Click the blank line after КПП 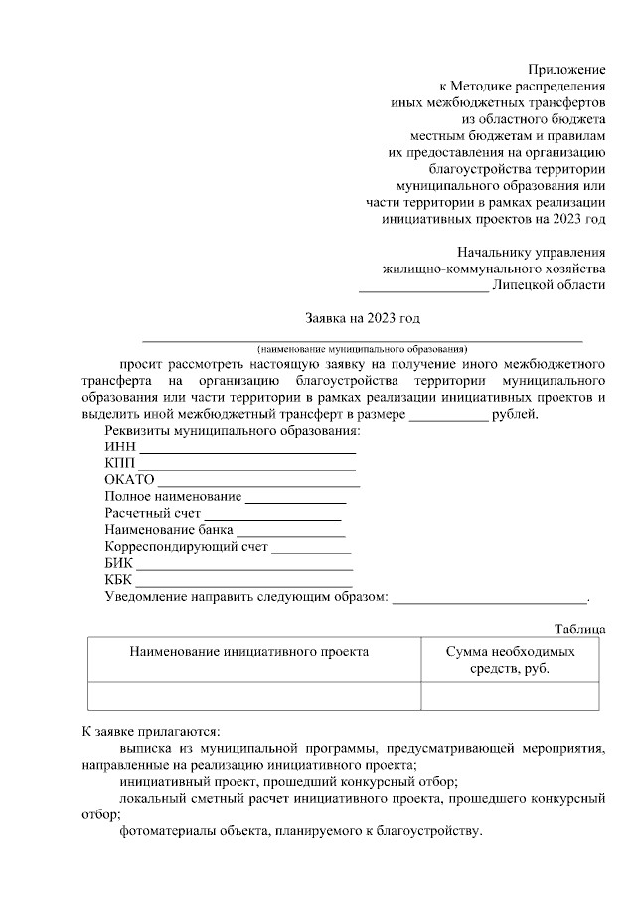coord(246,466)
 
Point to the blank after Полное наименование coord(295,499)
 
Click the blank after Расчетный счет coord(272,516)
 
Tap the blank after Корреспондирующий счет coord(311,549)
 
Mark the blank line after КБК coord(244,582)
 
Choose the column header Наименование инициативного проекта coord(248,651)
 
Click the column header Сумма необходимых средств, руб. coord(510,660)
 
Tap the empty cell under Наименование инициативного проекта coord(254,696)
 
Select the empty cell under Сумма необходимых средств coord(510,696)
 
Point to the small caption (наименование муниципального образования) coord(362,349)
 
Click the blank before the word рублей coord(449,415)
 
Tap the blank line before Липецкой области coord(423,285)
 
